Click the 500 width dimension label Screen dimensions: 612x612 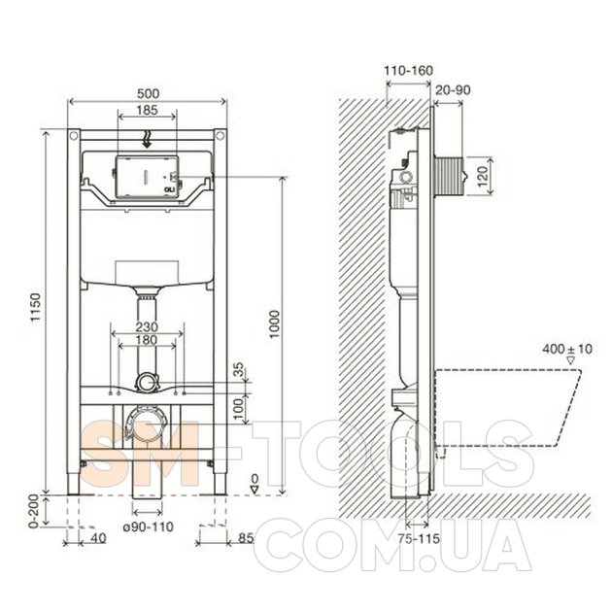(x=149, y=93)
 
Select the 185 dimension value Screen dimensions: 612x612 (x=147, y=110)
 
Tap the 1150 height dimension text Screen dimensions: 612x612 (x=36, y=307)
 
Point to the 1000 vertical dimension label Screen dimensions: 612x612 (x=275, y=324)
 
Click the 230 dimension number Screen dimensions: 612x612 (x=147, y=326)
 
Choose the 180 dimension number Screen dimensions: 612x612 (x=147, y=340)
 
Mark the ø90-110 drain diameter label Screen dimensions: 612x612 (x=149, y=527)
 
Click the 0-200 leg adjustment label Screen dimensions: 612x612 (x=34, y=511)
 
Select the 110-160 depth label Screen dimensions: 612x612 (x=409, y=71)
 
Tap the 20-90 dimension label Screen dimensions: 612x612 (x=453, y=90)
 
